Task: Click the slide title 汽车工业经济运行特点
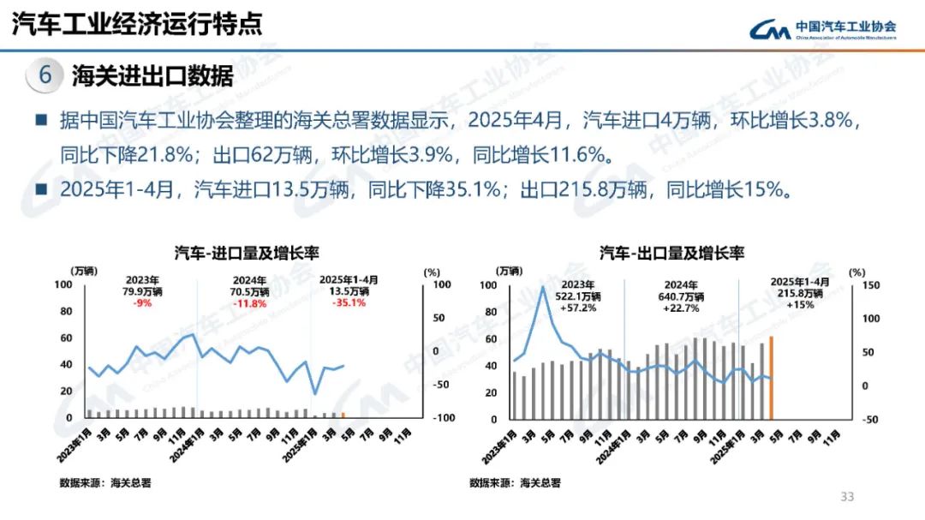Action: [137, 24]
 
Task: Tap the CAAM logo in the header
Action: [822, 29]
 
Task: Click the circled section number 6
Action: [45, 75]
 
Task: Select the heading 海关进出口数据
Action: [152, 76]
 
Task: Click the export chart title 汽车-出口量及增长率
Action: [671, 253]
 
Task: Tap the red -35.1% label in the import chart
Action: [349, 302]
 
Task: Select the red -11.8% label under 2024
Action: [250, 303]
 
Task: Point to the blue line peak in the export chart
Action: [542, 287]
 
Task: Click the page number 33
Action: [848, 497]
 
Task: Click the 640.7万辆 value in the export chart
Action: [682, 296]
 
